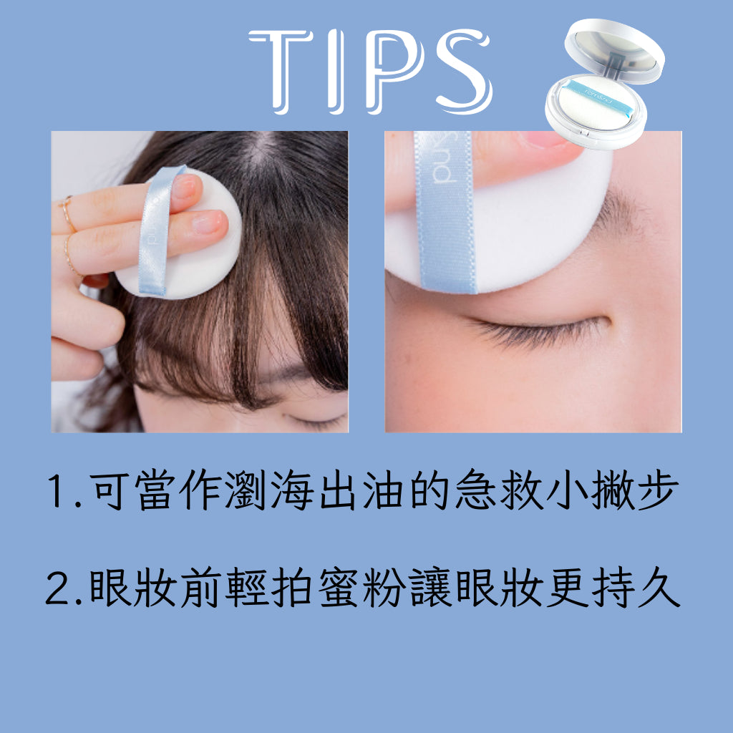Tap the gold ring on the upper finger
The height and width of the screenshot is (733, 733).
click(67, 213)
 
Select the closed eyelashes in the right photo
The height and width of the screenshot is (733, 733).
click(538, 332)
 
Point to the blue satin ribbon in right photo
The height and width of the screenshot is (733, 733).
click(445, 212)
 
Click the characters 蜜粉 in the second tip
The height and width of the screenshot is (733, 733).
click(361, 587)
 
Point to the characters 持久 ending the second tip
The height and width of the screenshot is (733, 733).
click(636, 587)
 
